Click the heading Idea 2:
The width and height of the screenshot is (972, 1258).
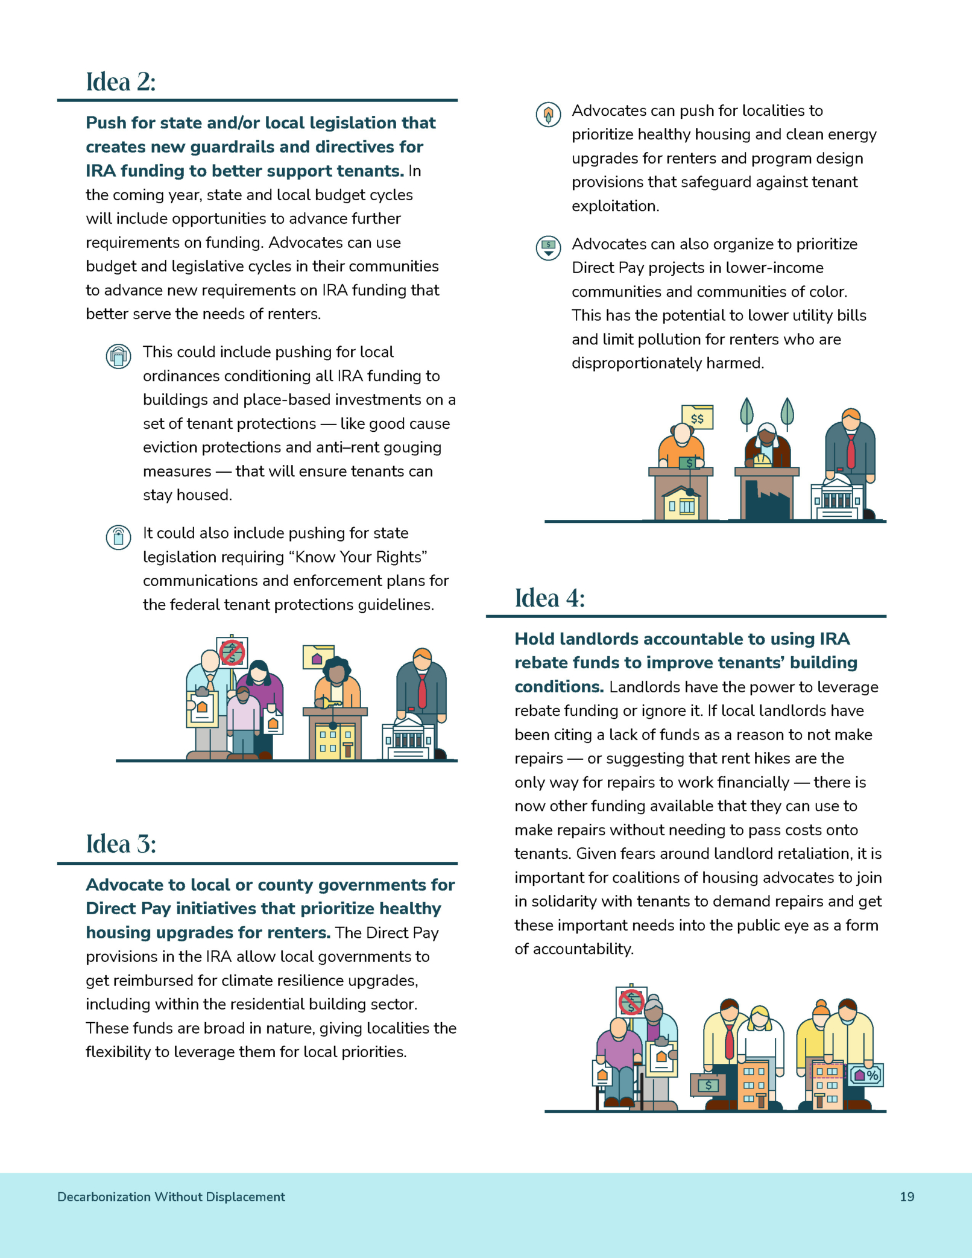(121, 82)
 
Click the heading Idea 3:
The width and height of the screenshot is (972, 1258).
(121, 844)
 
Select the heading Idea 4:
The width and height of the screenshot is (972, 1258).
(549, 598)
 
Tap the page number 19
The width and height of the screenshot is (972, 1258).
(907, 1196)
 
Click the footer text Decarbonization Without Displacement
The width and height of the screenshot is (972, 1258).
(171, 1196)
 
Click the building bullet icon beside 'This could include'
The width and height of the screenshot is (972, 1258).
(119, 356)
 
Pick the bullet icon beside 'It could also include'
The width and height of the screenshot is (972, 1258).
(119, 537)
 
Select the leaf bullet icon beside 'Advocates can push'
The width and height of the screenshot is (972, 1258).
(548, 114)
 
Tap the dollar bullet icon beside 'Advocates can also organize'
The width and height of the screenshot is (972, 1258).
(548, 247)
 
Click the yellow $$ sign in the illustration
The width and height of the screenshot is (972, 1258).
(698, 417)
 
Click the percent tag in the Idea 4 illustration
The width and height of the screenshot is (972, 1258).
(866, 1075)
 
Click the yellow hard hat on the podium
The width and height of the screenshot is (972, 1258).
(762, 460)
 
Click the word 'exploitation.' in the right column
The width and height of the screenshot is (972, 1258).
(616, 206)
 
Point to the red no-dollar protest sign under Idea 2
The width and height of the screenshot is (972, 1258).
(232, 652)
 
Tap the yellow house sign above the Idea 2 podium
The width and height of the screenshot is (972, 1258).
(318, 657)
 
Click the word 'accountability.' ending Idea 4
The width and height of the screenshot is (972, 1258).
(574, 949)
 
